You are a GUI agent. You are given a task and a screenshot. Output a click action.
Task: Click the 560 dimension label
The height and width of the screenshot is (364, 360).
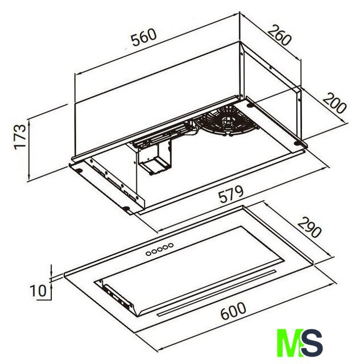(144, 37)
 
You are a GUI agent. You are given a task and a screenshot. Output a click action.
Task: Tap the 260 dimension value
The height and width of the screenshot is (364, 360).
(279, 35)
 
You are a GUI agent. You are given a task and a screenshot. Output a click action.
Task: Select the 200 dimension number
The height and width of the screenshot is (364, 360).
(334, 104)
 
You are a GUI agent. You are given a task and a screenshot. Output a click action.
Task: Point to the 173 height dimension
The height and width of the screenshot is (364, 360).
(20, 137)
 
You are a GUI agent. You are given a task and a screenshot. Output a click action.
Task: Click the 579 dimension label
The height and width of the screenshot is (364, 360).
(231, 194)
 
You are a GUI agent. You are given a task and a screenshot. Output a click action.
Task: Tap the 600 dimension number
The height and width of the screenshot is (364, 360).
(233, 311)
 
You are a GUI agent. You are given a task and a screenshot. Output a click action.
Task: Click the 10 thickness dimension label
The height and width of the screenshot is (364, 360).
(38, 291)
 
